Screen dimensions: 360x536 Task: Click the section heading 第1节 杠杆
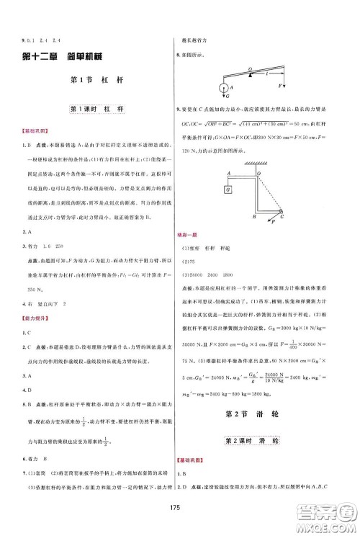click(x=94, y=81)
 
